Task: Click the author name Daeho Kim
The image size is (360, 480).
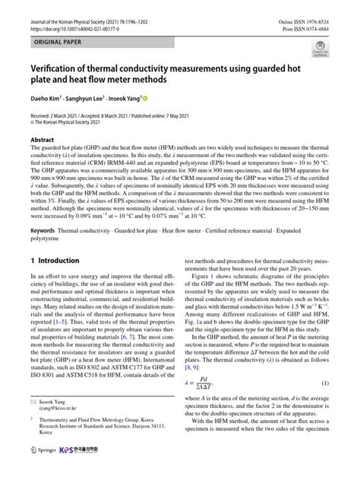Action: [x=47, y=99]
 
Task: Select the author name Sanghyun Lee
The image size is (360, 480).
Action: [x=93, y=99]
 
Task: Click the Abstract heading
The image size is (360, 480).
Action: [x=42, y=141]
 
